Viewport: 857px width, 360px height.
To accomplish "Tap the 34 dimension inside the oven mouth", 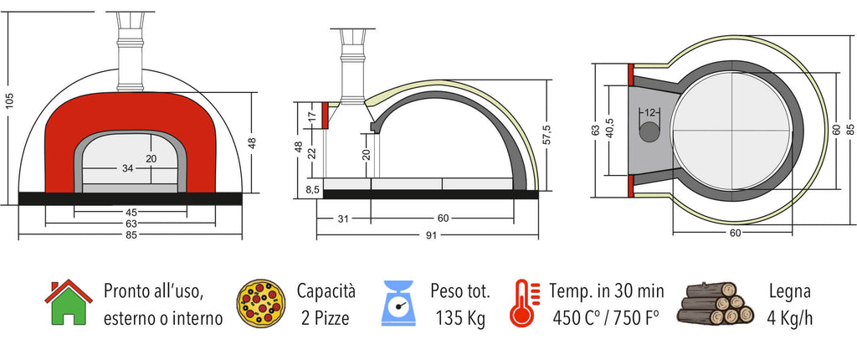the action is tap(127, 168).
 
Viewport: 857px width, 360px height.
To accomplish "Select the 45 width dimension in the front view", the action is tap(131, 212).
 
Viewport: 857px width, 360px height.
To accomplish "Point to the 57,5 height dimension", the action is tap(547, 135).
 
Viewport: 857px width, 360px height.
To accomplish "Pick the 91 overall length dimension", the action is tap(432, 235).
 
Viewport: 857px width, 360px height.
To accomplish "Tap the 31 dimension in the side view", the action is tap(342, 219).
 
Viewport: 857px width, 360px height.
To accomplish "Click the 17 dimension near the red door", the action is tap(312, 117).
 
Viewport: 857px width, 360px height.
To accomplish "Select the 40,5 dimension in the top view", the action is tap(610, 131).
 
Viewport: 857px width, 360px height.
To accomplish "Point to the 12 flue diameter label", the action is tap(649, 113).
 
